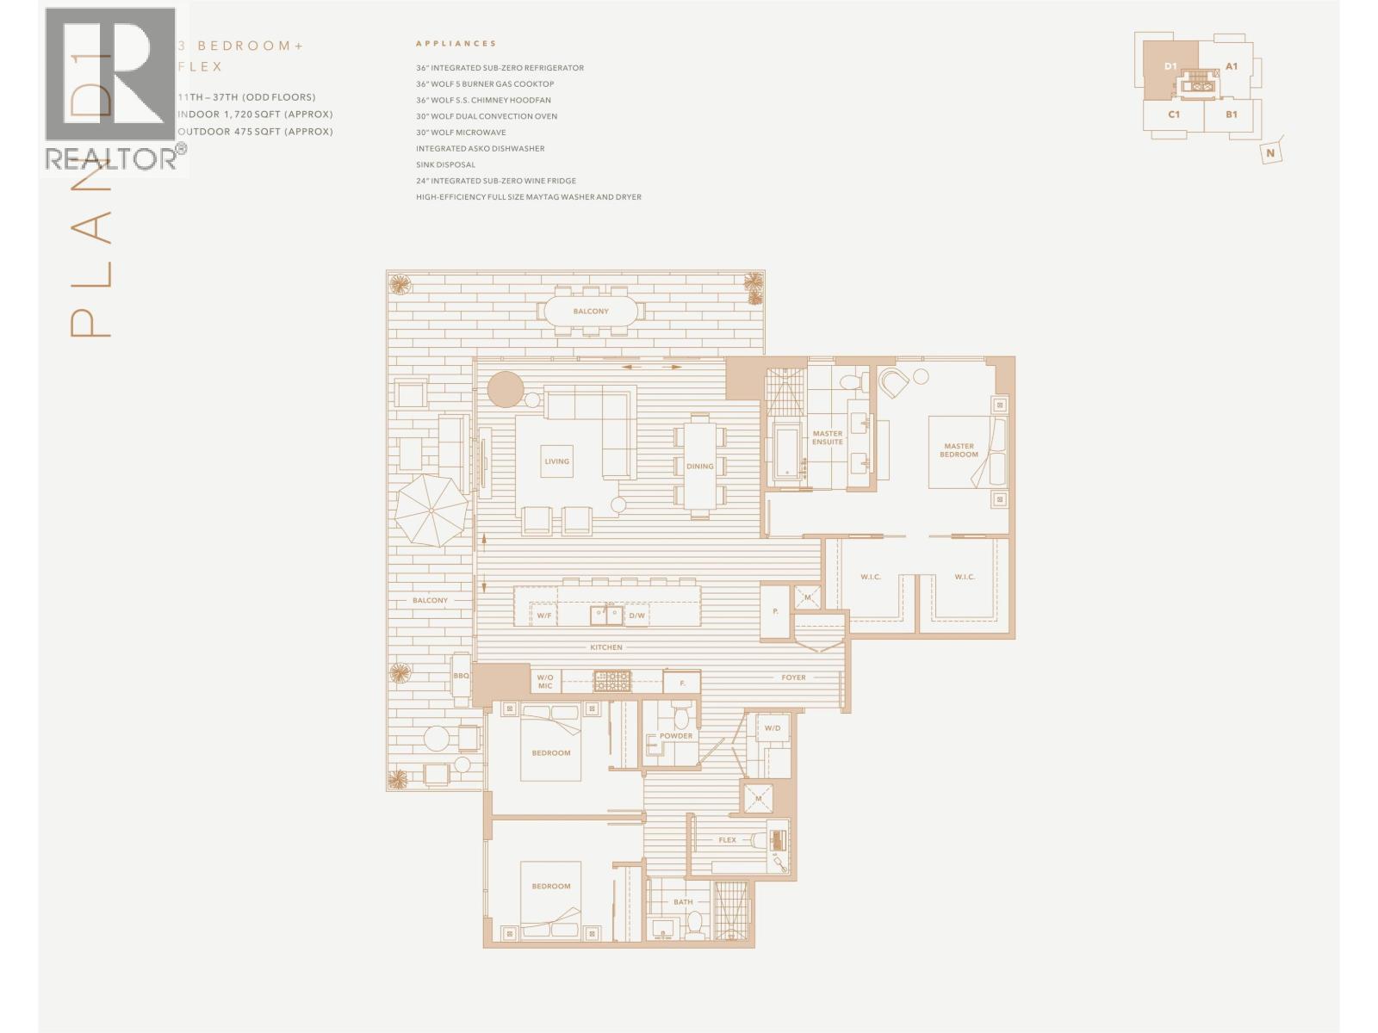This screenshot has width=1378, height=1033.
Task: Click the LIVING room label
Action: [x=556, y=461]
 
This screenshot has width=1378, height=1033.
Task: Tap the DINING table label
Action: [x=699, y=467]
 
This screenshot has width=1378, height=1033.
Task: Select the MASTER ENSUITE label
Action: [x=827, y=438]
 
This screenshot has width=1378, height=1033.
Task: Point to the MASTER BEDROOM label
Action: [x=959, y=450]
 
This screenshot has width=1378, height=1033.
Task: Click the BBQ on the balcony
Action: [x=461, y=676]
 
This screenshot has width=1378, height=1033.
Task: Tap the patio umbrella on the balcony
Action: [x=431, y=510]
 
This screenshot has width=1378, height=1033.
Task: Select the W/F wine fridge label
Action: [x=543, y=615]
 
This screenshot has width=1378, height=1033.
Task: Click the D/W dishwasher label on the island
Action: [x=636, y=615]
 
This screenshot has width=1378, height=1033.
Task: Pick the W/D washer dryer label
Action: [x=772, y=728]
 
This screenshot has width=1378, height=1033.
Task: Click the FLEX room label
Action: [x=727, y=840]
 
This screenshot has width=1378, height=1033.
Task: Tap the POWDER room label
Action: [x=676, y=736]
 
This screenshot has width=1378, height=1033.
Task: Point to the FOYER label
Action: [x=793, y=677]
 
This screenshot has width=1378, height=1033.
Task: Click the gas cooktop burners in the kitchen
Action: [x=611, y=680]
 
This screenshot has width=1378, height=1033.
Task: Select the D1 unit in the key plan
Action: [x=1170, y=66]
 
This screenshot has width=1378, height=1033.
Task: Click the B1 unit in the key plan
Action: [x=1232, y=114]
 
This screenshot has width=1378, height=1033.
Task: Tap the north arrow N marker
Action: [x=1270, y=153]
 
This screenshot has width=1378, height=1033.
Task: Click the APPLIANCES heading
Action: [x=456, y=43]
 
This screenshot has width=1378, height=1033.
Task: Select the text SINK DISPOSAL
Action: [x=445, y=164]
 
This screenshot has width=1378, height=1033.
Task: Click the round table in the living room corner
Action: [x=506, y=388]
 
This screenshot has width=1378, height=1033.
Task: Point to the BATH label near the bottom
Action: [x=683, y=902]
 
